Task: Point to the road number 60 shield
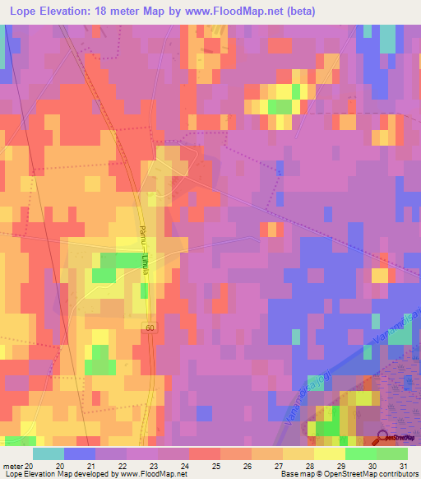click(x=149, y=328)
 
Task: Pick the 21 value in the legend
click(x=91, y=466)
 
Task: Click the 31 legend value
click(x=403, y=466)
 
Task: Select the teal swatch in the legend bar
click(x=49, y=453)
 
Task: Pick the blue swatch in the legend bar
click(x=80, y=453)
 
